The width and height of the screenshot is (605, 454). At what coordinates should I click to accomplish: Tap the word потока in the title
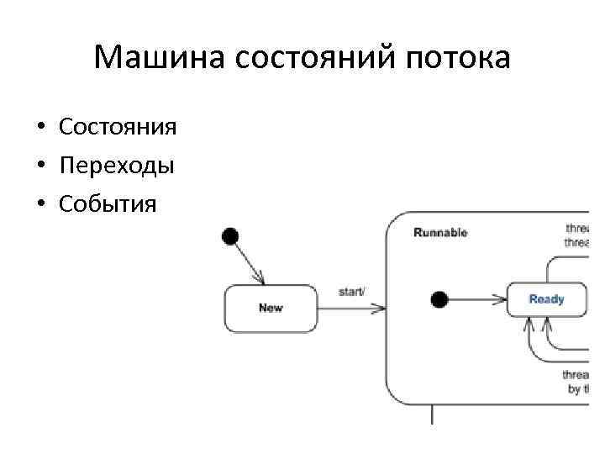pyautogui.click(x=458, y=58)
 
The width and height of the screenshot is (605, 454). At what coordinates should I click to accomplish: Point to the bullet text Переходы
pyautogui.click(x=117, y=165)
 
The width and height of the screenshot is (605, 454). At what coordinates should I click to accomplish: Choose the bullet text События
pyautogui.click(x=108, y=203)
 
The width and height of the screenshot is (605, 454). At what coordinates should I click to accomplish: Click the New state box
pyautogui.click(x=271, y=308)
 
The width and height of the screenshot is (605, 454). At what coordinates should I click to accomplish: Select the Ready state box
pyautogui.click(x=546, y=299)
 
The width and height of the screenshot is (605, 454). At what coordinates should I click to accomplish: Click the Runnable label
pyautogui.click(x=440, y=233)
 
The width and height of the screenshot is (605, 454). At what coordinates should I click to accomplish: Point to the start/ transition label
pyautogui.click(x=351, y=292)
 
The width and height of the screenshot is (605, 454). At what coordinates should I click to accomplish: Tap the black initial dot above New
pyautogui.click(x=229, y=236)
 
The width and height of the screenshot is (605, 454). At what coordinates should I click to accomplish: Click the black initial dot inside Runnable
pyautogui.click(x=439, y=299)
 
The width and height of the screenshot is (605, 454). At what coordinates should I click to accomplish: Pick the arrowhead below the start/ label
pyautogui.click(x=378, y=309)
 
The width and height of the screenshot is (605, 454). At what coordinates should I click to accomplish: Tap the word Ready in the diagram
pyautogui.click(x=546, y=299)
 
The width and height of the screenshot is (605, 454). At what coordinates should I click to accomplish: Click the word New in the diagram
pyautogui.click(x=271, y=308)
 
